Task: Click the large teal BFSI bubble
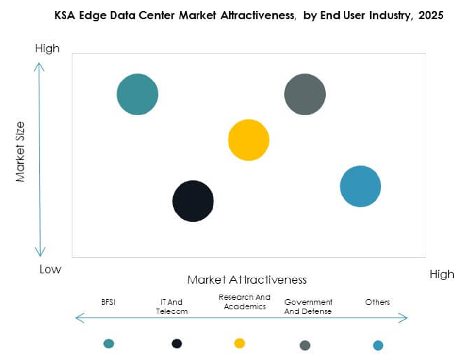point(137,94)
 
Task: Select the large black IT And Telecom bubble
point(193,201)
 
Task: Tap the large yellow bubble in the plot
point(248,140)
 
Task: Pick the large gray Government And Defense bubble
point(305,94)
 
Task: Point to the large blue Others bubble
point(360,186)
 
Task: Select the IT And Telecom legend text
point(172,307)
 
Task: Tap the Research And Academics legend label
point(245,302)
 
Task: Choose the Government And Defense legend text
point(308,307)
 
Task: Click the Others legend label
point(377,302)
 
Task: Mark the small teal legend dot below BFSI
point(109,344)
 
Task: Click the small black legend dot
point(177,344)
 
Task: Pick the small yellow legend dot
point(239,344)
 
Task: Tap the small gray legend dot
point(305,345)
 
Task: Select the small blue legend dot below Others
point(378,345)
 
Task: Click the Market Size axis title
point(20,151)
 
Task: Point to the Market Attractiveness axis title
point(247,280)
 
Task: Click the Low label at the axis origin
point(50,269)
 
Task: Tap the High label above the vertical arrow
point(48,49)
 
